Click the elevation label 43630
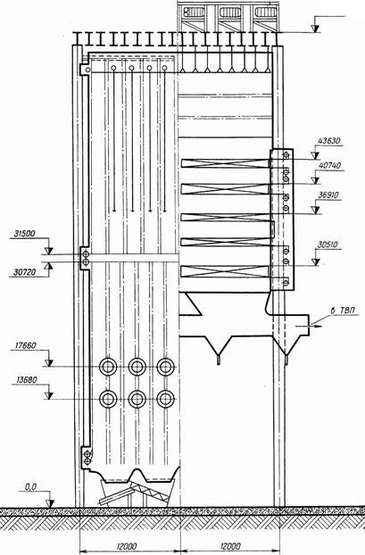click(x=329, y=141)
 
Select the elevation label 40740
click(x=329, y=166)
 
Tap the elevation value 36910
click(x=328, y=195)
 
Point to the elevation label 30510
click(x=328, y=244)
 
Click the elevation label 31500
click(x=25, y=234)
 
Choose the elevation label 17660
click(x=25, y=345)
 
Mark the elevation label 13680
click(x=26, y=380)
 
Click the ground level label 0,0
click(x=31, y=487)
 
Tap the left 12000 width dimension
click(x=125, y=546)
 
